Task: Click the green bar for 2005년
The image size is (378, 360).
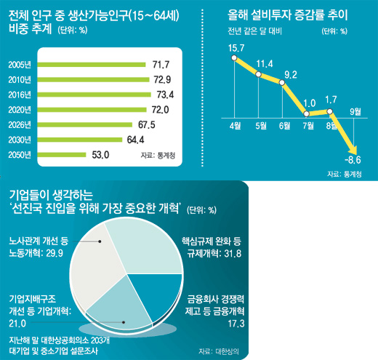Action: click(x=92, y=65)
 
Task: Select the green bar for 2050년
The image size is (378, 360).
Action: click(x=62, y=155)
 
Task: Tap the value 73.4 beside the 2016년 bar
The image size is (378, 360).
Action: click(x=165, y=95)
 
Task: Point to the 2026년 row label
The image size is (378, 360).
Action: click(x=20, y=125)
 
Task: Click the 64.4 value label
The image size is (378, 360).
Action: click(x=135, y=140)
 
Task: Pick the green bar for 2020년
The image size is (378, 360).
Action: click(x=92, y=110)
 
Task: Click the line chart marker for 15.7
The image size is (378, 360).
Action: click(x=234, y=58)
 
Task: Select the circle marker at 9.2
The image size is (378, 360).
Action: click(x=282, y=83)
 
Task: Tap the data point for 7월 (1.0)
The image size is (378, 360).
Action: click(x=306, y=113)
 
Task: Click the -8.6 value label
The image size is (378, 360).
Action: click(x=353, y=160)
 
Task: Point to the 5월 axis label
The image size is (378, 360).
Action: click(x=261, y=126)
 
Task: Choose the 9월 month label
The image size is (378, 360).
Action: click(x=355, y=112)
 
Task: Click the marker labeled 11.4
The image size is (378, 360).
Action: click(x=259, y=74)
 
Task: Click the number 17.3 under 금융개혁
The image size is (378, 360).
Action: click(x=236, y=324)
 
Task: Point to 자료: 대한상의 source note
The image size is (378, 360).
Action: click(x=219, y=351)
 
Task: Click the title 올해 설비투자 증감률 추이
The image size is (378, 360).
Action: click(x=288, y=15)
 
